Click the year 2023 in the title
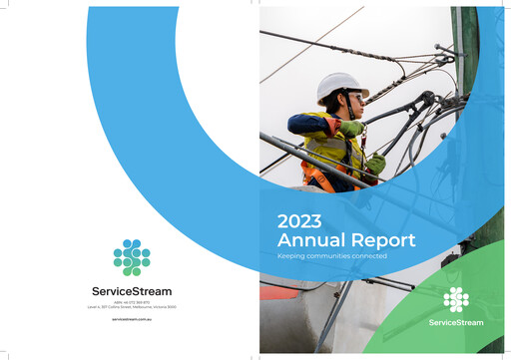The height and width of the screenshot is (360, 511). click(x=298, y=221)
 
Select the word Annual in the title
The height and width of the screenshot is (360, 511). click(x=308, y=240)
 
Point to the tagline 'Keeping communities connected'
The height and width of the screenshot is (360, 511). click(x=331, y=257)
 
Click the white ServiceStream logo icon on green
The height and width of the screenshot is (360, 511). click(x=456, y=299)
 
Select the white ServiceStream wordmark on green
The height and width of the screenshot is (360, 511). click(x=456, y=323)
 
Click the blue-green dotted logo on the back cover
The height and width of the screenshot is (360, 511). click(x=131, y=257)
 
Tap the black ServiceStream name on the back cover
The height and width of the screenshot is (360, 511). click(x=131, y=291)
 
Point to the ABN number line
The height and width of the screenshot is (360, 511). click(x=131, y=302)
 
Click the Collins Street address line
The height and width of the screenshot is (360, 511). click(x=131, y=308)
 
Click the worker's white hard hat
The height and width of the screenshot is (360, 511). click(x=340, y=87)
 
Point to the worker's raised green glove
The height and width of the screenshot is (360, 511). click(x=351, y=128)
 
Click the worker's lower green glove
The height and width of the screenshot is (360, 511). click(x=375, y=163)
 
